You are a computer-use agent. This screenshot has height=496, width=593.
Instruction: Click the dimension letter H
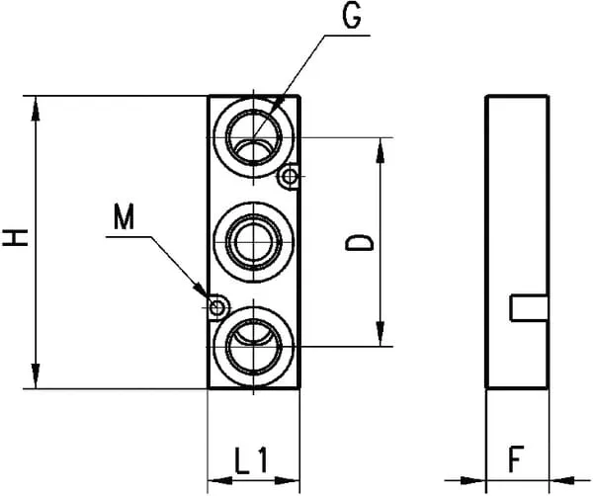click(16, 238)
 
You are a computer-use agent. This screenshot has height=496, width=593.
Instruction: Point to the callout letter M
click(124, 215)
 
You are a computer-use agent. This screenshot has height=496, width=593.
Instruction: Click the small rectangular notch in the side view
click(529, 307)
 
